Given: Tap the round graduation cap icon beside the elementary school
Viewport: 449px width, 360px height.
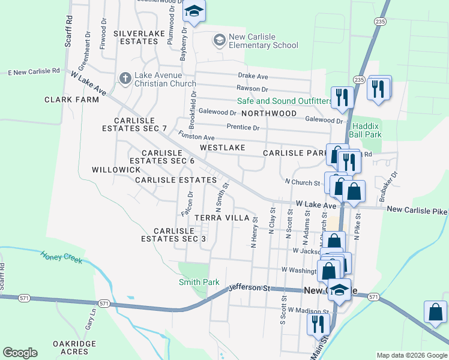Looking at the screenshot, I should coord(219,40).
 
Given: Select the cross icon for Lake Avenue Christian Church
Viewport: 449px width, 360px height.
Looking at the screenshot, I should coord(125,77).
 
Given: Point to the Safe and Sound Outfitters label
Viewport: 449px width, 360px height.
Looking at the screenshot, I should coord(285,101).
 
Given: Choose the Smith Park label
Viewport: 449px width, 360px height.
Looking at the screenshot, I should coord(199,282).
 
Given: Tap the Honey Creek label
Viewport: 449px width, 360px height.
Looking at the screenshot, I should coord(62,257).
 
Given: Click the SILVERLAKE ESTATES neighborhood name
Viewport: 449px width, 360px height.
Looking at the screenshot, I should coord(139,37).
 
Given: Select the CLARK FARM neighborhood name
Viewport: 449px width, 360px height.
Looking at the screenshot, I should coord(71,100).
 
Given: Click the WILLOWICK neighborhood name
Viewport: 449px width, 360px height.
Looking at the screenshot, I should coord(116,170).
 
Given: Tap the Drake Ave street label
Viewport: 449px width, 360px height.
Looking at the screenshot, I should coord(253,77).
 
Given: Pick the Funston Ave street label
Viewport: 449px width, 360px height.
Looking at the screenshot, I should coord(196,137).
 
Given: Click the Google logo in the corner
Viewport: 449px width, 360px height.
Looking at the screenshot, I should coord(20,353).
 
